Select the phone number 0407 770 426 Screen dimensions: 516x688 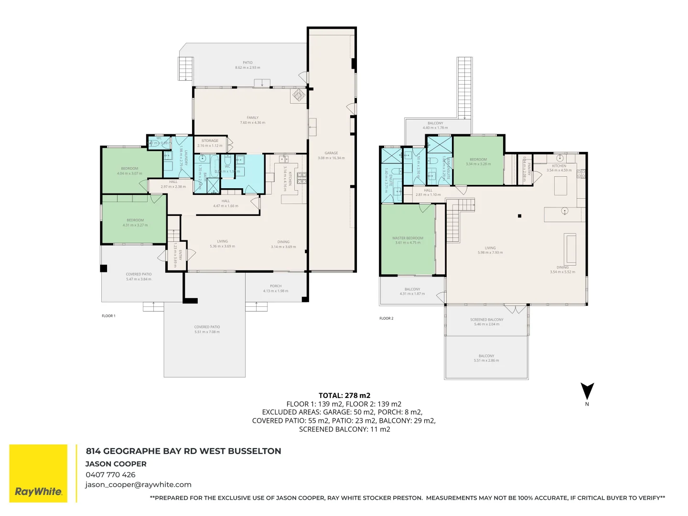[110, 474]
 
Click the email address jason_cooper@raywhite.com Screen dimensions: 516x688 [138, 484]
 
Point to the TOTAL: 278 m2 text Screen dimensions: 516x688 [344, 395]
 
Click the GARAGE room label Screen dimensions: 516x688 [331, 153]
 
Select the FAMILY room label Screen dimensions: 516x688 [252, 118]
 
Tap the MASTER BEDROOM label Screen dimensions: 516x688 [408, 238]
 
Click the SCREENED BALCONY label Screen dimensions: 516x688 [486, 320]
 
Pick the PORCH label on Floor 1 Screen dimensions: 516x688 [276, 286]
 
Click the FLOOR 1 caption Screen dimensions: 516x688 [108, 316]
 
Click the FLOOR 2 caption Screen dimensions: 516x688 [386, 318]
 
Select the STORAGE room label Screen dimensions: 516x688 [210, 141]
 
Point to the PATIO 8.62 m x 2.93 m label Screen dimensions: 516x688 [247, 65]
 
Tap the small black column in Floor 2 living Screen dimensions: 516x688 [519, 216]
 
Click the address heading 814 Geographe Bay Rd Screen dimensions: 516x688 [183, 451]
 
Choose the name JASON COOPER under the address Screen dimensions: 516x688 [116, 464]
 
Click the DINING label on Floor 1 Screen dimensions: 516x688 [283, 242]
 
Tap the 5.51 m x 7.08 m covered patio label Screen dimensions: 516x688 [207, 330]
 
